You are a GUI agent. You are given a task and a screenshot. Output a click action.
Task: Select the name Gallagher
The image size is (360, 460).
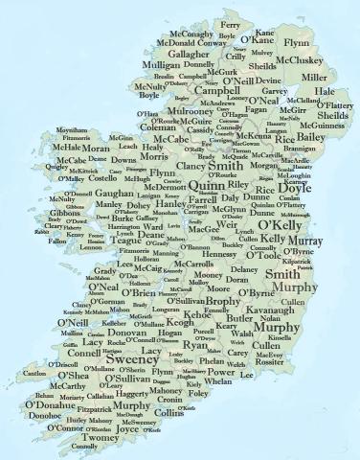(x=164, y=56)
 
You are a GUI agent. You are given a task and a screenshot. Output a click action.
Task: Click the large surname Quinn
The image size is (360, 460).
(x=194, y=186)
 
